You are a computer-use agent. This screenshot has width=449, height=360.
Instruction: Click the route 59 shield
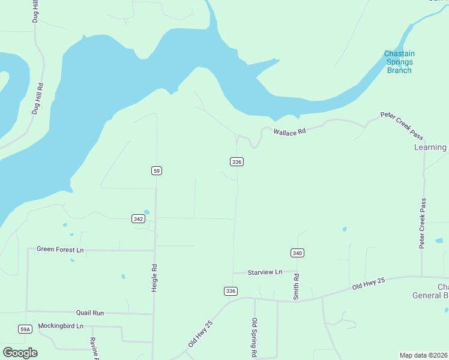coord(156,171)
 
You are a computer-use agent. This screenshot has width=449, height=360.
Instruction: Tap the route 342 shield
coord(138,219)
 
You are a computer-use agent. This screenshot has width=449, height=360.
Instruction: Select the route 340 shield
coord(297,253)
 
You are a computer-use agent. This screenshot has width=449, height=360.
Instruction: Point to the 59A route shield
coord(25,329)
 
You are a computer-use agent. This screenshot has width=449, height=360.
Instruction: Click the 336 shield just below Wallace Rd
coord(237,162)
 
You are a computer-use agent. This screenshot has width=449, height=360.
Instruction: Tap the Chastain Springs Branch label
coord(399,62)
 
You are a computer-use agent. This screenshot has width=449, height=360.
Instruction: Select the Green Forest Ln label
coord(60,249)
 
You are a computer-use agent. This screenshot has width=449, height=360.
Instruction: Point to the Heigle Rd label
coord(154,278)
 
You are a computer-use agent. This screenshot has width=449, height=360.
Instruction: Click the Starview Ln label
coord(265,272)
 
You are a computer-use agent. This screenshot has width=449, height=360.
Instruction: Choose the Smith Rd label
coord(296,287)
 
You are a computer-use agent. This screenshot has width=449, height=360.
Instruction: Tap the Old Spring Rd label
coord(255,337)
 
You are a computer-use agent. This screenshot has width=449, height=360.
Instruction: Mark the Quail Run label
coord(90,313)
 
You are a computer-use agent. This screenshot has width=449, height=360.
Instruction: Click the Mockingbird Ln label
coord(61,326)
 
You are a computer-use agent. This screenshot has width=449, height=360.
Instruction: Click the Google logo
coord(20,353)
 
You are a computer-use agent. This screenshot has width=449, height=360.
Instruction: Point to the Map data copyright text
coord(424,355)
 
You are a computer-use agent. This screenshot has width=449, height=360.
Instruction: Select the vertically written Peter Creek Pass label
coord(423,223)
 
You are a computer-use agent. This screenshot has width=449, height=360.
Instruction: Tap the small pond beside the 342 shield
coord(146,212)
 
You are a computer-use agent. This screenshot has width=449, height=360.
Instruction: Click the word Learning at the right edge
coord(430,148)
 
